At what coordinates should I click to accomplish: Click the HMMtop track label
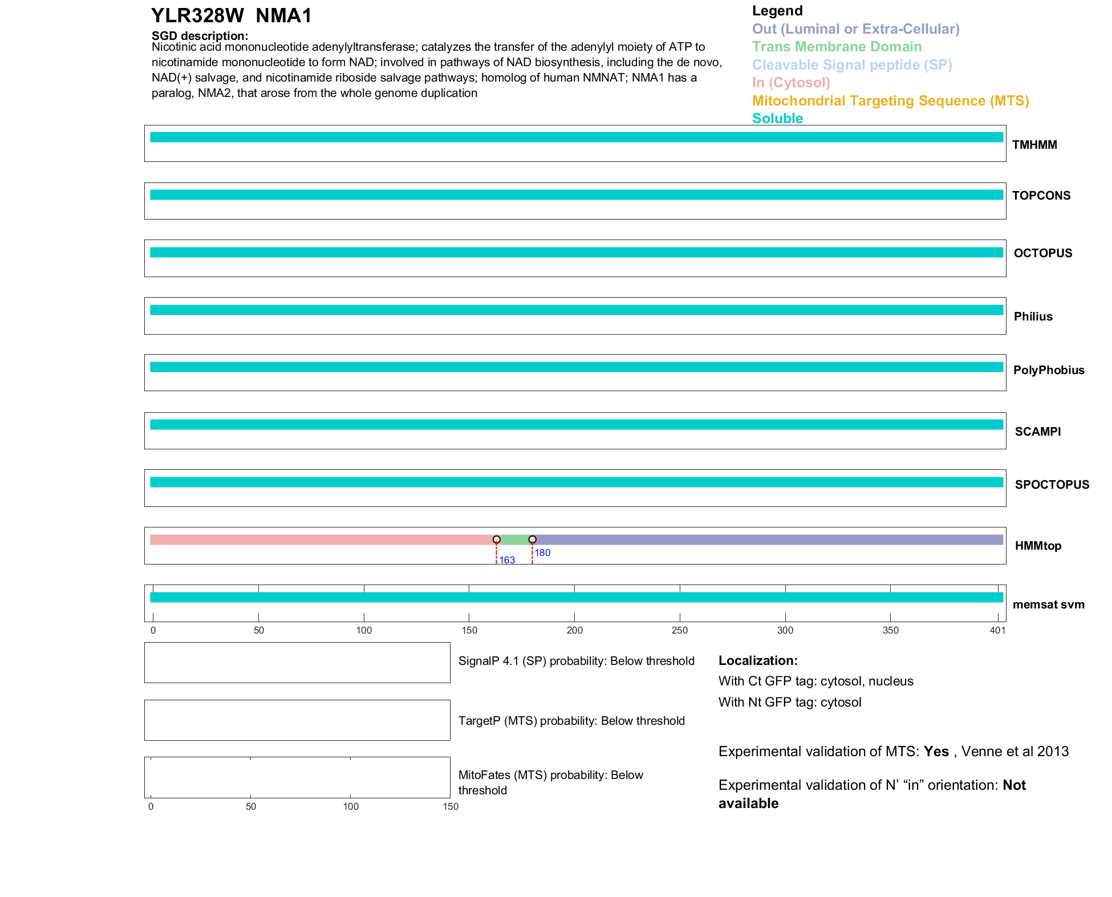pyautogui.click(x=1038, y=546)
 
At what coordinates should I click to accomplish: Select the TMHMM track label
pyautogui.click(x=1034, y=145)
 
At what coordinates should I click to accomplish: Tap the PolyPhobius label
pyautogui.click(x=1049, y=370)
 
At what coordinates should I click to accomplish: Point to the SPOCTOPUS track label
pyautogui.click(x=1052, y=485)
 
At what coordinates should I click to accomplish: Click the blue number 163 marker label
pyautogui.click(x=507, y=560)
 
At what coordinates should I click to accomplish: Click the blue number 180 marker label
pyautogui.click(x=542, y=553)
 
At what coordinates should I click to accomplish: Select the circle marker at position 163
pyautogui.click(x=497, y=539)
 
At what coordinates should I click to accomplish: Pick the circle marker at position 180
pyautogui.click(x=532, y=539)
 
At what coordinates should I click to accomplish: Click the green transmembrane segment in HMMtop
pyautogui.click(x=514, y=539)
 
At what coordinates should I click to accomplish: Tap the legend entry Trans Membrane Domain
pyautogui.click(x=837, y=47)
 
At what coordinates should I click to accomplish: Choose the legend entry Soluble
pyautogui.click(x=777, y=119)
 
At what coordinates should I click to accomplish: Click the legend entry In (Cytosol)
pyautogui.click(x=791, y=83)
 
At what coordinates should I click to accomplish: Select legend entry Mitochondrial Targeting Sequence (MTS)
pyautogui.click(x=890, y=101)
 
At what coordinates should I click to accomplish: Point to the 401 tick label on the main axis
pyautogui.click(x=997, y=630)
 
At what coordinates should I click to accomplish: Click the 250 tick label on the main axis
pyautogui.click(x=680, y=630)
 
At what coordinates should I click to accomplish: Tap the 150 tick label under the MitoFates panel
pyautogui.click(x=451, y=806)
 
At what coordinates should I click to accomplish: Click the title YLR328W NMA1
pyautogui.click(x=232, y=15)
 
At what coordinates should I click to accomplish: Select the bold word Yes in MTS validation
pyautogui.click(x=936, y=752)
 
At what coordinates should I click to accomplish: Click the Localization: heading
pyautogui.click(x=758, y=660)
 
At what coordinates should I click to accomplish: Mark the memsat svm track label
pyautogui.click(x=1048, y=604)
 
